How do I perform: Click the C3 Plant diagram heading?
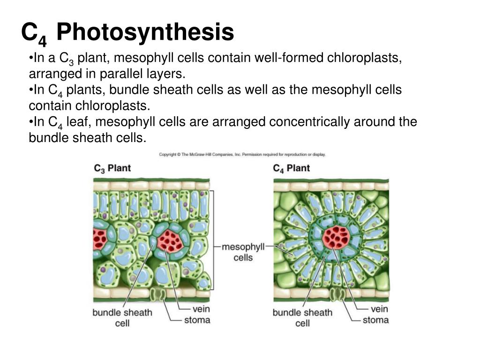click(112, 168)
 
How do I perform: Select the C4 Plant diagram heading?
click(291, 168)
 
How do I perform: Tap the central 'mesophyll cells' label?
click(243, 252)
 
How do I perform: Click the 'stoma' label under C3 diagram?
click(197, 321)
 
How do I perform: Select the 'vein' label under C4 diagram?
click(379, 309)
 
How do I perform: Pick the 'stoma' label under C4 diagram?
click(375, 320)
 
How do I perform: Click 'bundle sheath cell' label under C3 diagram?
click(122, 318)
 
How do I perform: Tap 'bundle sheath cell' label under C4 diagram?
click(302, 318)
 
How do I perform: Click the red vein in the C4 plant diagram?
click(336, 237)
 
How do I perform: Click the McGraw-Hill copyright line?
click(242, 154)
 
